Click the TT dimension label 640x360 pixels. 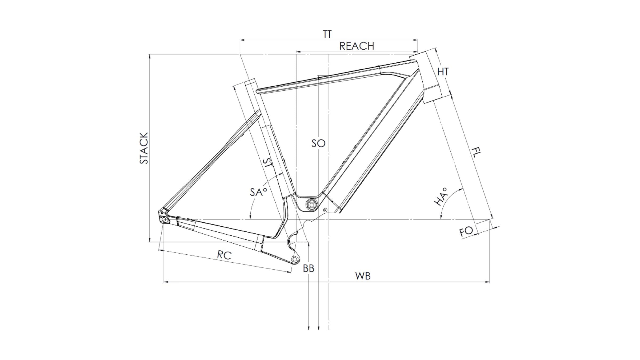327,34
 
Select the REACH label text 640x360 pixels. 357,46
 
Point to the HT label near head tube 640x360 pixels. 443,71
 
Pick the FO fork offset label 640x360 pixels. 466,231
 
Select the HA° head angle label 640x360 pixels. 441,197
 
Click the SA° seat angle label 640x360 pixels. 258,192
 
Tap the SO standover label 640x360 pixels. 318,143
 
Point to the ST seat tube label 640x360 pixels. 267,163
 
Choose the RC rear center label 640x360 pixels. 224,255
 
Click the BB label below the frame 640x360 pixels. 309,269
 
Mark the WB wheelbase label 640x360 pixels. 363,276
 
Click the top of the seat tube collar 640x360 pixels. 250,81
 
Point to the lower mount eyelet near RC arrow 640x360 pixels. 295,259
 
